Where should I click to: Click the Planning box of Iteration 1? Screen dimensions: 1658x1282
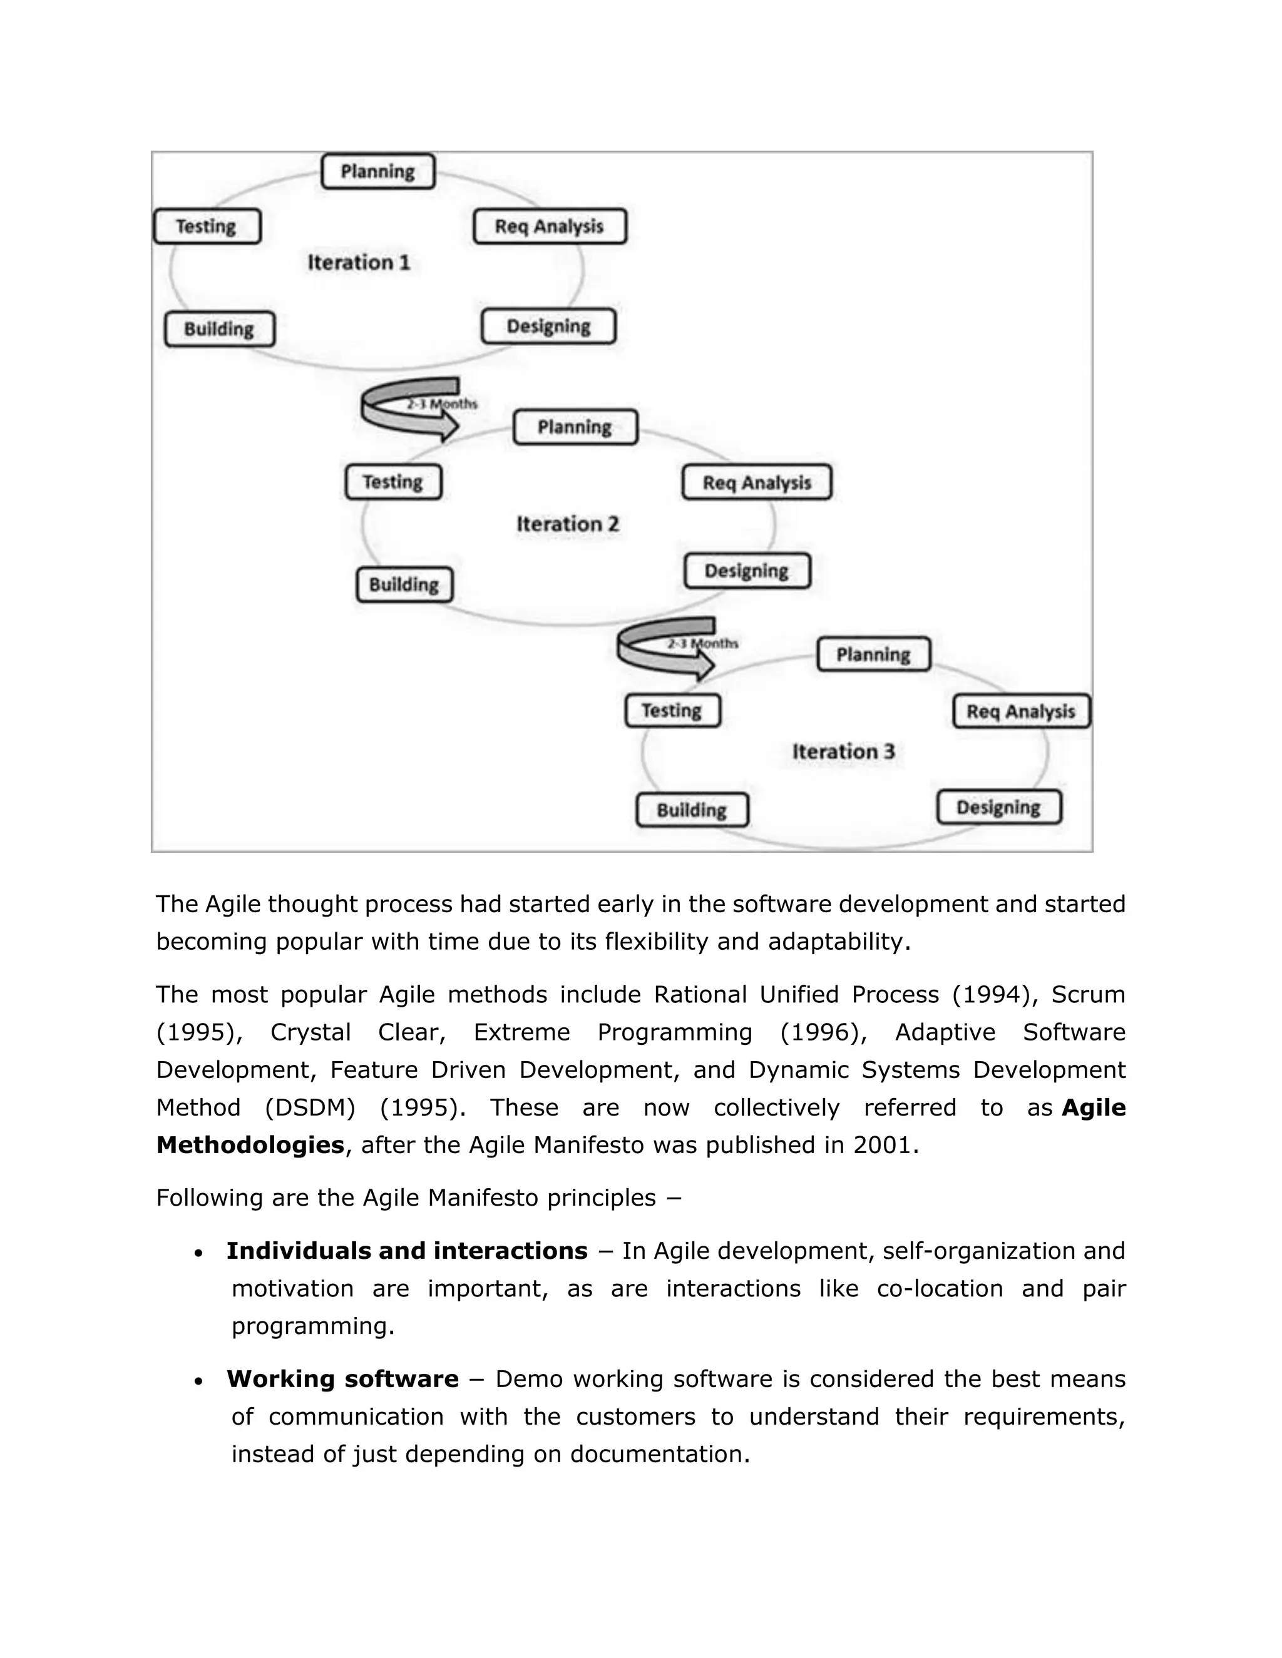(377, 171)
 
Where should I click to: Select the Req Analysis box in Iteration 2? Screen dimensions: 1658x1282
(756, 483)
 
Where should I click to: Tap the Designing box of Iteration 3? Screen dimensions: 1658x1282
(998, 807)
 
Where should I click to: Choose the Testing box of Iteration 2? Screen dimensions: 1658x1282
(392, 482)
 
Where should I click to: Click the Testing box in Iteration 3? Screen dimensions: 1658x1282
(672, 711)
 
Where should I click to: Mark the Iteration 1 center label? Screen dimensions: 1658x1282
(359, 263)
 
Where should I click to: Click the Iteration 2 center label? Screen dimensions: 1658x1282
(567, 524)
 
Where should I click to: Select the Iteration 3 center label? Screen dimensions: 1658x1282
(843, 751)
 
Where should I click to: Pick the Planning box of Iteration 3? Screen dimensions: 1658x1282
(873, 654)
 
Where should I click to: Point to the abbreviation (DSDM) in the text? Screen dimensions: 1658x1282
(310, 1107)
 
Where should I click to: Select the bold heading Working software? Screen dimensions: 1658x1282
(342, 1378)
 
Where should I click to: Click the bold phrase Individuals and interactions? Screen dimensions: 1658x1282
(406, 1250)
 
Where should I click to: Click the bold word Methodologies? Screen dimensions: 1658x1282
(250, 1145)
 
